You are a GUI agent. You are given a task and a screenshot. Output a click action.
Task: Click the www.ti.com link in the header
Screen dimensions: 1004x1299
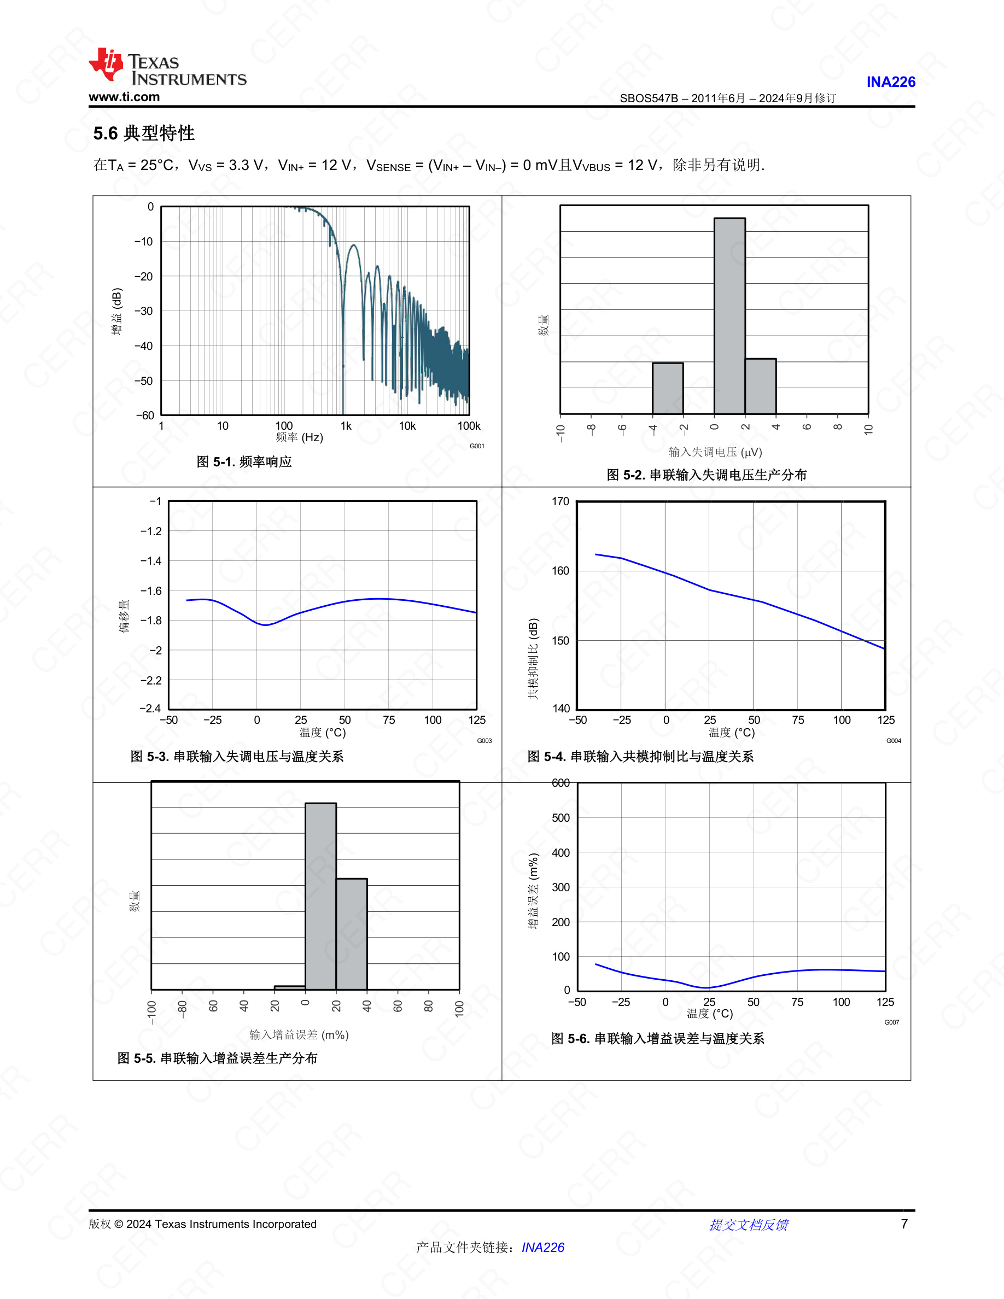pyautogui.click(x=124, y=97)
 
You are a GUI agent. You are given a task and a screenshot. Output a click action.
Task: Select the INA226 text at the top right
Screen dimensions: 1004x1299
pyautogui.click(x=890, y=82)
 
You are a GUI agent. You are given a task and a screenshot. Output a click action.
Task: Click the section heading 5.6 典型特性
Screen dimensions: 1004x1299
pyautogui.click(x=144, y=133)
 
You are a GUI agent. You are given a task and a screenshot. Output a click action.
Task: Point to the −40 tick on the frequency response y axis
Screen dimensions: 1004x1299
pyautogui.click(x=143, y=346)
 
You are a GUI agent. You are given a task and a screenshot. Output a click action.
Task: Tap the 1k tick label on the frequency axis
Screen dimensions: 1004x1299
pyautogui.click(x=346, y=426)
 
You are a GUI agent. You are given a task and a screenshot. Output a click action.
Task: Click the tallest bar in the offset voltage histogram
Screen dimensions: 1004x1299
pyautogui.click(x=730, y=316)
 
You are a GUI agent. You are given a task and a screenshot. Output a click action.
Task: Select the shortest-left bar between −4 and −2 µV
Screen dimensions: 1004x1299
pyautogui.click(x=668, y=388)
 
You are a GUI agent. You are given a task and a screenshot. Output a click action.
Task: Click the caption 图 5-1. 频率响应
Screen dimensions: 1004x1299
pyautogui.click(x=244, y=461)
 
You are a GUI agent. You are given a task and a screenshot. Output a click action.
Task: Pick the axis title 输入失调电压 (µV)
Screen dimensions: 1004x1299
pyautogui.click(x=715, y=452)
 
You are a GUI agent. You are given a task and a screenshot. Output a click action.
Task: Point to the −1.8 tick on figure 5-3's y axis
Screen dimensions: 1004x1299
pyautogui.click(x=150, y=621)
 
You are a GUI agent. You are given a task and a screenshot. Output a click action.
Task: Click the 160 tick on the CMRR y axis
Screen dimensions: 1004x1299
pyautogui.click(x=561, y=571)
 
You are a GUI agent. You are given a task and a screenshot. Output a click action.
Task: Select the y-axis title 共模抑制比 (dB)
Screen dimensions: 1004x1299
pyautogui.click(x=534, y=659)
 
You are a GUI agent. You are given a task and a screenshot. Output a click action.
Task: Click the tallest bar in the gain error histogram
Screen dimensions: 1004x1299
pyautogui.click(x=320, y=896)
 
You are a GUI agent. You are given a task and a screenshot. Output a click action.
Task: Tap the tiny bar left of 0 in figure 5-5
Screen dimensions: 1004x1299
pyautogui.click(x=290, y=988)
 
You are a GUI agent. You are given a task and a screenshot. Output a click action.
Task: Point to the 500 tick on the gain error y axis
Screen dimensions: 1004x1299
pyautogui.click(x=561, y=818)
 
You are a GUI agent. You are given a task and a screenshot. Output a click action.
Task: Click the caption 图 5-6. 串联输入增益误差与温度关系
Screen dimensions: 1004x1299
pyautogui.click(x=657, y=1038)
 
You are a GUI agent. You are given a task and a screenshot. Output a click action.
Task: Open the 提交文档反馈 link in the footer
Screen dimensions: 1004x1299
pyautogui.click(x=748, y=1225)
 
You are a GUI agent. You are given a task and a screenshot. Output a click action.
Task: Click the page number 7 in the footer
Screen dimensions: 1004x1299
pyautogui.click(x=904, y=1224)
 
